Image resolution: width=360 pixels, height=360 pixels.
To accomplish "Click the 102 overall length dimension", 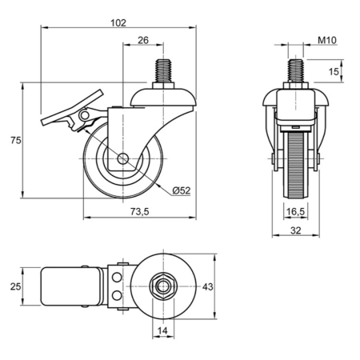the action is (x=118, y=23).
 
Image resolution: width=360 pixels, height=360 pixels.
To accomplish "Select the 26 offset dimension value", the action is (x=143, y=40).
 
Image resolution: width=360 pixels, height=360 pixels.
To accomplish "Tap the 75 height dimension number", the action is (x=16, y=140).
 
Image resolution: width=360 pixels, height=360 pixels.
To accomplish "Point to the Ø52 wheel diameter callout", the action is (x=182, y=190).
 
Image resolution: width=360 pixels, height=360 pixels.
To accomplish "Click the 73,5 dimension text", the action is (x=140, y=211).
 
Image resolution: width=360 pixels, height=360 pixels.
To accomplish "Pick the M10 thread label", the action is (x=327, y=40).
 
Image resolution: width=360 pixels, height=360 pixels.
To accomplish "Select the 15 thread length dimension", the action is (x=334, y=71).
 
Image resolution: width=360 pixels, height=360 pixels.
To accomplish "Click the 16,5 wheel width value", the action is (x=295, y=212).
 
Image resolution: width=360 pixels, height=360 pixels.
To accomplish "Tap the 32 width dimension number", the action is (x=295, y=230).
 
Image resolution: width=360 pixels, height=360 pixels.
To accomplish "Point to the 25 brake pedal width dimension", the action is (x=15, y=286).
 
